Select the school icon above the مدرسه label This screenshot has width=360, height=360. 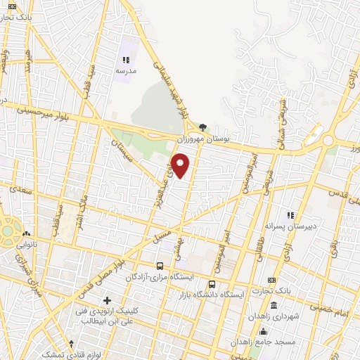tap(126, 61)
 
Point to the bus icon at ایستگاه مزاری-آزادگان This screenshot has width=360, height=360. tap(160, 266)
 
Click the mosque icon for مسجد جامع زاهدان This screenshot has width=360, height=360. tap(263, 332)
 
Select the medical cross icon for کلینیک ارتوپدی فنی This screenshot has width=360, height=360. tap(107, 301)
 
